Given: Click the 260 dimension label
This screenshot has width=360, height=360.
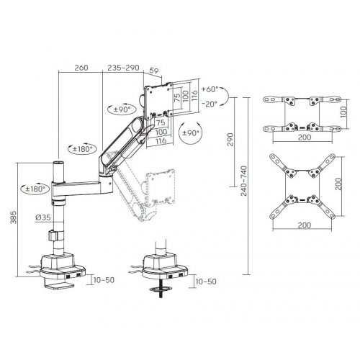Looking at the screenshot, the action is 81,68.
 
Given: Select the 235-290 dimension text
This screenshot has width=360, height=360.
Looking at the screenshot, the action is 123,68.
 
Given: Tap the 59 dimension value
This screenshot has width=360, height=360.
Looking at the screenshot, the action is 154,71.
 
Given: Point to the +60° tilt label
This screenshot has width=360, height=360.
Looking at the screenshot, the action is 210,89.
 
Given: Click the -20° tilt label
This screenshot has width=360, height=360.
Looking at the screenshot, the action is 210,104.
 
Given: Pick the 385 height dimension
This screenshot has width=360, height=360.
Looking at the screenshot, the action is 14,217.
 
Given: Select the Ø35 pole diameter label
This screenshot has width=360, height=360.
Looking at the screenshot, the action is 43,217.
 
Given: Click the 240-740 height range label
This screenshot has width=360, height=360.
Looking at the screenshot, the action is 244,181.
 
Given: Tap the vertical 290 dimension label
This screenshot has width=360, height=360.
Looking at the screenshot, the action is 230,140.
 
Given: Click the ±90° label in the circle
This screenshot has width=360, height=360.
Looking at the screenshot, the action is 191,133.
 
